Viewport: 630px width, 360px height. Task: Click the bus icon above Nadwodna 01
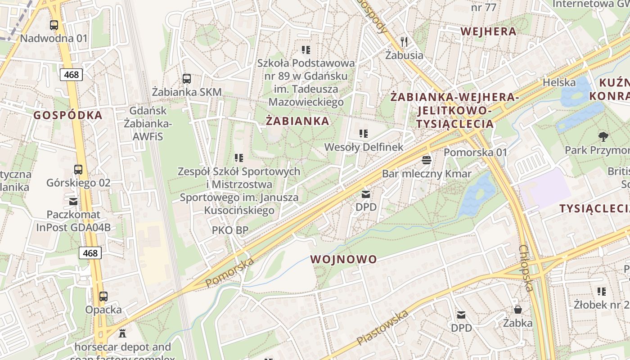point(54,25)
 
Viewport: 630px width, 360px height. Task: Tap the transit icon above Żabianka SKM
point(187,79)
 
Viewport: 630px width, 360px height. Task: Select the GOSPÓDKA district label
point(68,115)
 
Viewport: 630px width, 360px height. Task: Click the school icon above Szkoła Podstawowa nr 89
point(306,49)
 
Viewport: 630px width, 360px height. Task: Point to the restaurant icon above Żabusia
point(404,42)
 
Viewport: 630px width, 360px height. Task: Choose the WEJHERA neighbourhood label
point(488,31)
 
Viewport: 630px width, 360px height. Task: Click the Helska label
point(559,82)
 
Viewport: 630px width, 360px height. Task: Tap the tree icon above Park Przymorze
point(603,136)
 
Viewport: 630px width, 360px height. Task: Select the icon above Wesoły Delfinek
point(364,134)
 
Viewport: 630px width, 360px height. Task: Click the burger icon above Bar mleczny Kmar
point(427,160)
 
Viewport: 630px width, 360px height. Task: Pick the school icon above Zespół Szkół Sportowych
point(239,158)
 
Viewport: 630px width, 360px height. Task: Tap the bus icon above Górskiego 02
point(78,170)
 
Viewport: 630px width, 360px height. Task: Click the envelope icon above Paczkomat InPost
point(73,201)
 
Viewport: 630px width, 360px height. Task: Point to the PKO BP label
point(230,230)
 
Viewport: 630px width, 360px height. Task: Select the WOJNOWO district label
point(343,259)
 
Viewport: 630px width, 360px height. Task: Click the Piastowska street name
point(383,328)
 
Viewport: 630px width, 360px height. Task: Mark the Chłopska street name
point(526,268)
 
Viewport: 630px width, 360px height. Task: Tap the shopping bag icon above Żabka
point(518,310)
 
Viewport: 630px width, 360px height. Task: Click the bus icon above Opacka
point(103,297)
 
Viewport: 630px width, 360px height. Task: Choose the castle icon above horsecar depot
point(122,333)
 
